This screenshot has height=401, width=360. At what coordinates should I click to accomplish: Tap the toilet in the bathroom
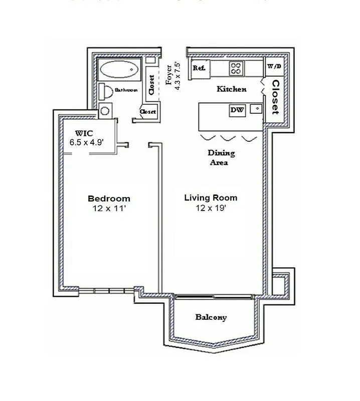[106, 91]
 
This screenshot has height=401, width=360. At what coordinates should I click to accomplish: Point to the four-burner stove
[237, 67]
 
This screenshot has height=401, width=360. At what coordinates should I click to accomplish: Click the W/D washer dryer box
[274, 66]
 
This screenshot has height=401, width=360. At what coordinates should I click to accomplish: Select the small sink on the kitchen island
[256, 108]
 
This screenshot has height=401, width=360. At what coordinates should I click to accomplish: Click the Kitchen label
[231, 89]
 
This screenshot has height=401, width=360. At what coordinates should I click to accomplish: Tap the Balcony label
[211, 317]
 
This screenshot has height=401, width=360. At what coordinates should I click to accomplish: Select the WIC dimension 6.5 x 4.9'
[86, 142]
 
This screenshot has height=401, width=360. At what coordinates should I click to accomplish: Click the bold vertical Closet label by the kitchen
[275, 96]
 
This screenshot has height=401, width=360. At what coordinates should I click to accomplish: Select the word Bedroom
[109, 198]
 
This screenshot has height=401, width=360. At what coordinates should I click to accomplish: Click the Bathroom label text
[126, 90]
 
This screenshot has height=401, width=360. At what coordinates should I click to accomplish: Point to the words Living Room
[211, 197]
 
